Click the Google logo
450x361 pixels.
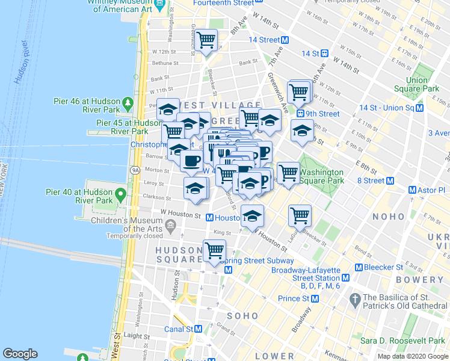tap(20, 354)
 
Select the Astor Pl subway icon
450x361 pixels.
tap(412, 190)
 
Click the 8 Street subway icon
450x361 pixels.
tap(391, 180)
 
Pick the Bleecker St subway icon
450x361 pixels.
tap(359, 267)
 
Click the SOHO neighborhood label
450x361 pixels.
tap(242, 316)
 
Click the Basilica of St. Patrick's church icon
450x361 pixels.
tap(355, 298)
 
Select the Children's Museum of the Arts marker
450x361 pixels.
tap(171, 227)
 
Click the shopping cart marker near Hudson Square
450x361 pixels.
tap(214, 250)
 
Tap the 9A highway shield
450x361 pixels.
tap(135, 170)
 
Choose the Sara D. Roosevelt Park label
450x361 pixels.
tap(399, 341)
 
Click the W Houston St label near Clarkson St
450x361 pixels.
tap(180, 214)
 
